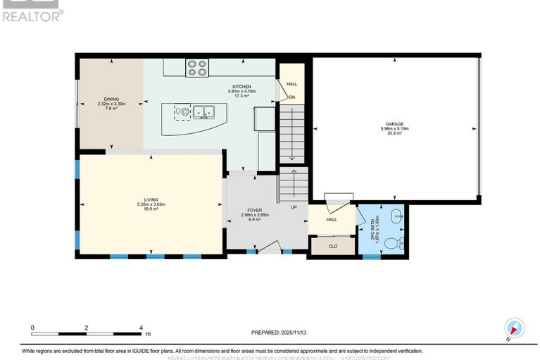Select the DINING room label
click(x=111, y=99)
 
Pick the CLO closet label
click(x=333, y=246)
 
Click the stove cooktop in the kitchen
click(x=196, y=68)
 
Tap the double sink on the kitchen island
click(x=204, y=111)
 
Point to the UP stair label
click(x=294, y=206)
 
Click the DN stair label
click(x=291, y=97)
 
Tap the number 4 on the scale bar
click(x=142, y=328)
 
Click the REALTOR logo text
click(x=32, y=15)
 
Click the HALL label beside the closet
click(x=331, y=219)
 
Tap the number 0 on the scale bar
click(x=32, y=328)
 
